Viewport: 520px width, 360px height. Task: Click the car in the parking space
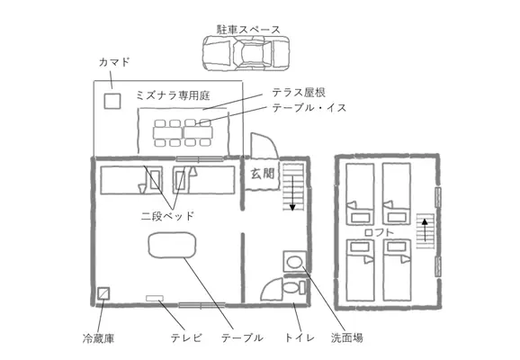[x=246, y=53]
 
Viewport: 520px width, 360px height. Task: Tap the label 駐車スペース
[x=248, y=29]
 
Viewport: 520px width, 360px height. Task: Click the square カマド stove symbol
[x=112, y=101]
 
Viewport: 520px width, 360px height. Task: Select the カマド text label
[x=114, y=62]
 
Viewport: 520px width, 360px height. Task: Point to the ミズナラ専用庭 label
[x=173, y=95]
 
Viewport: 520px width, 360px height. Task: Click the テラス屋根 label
[x=299, y=93]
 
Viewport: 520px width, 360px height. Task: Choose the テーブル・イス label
[x=309, y=108]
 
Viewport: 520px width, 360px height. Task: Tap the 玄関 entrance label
[x=263, y=174]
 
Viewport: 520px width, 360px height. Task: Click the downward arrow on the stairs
[x=292, y=193]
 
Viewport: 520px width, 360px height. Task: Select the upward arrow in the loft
[x=425, y=229]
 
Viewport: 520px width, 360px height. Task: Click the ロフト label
[x=379, y=232]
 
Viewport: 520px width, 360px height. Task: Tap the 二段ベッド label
[x=167, y=216]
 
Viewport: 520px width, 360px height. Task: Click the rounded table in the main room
[x=172, y=245]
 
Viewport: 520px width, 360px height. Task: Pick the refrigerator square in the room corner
[x=103, y=293]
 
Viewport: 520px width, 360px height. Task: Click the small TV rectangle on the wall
[x=155, y=298]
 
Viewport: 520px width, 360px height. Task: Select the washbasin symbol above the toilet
[x=294, y=262]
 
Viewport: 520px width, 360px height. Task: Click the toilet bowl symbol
[x=293, y=287]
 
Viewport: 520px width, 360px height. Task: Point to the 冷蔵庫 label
[x=98, y=338]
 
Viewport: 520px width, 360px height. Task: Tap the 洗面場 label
[x=347, y=337]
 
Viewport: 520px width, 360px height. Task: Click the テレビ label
[x=186, y=337]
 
